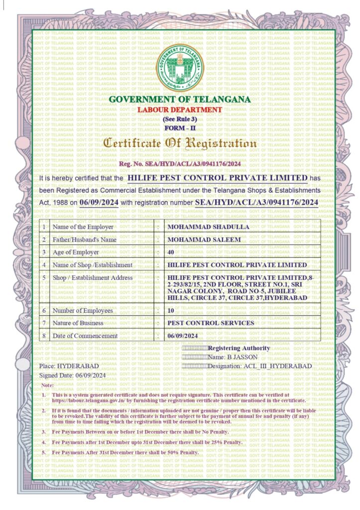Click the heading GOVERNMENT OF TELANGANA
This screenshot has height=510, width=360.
(x=180, y=100)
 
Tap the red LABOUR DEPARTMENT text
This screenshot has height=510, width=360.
(x=180, y=110)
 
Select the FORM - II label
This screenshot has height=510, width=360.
(x=180, y=128)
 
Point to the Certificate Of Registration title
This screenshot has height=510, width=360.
(x=180, y=144)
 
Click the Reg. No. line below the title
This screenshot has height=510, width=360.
(x=180, y=164)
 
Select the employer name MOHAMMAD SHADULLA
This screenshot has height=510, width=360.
(x=208, y=227)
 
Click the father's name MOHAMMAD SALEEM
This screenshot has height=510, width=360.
(x=204, y=240)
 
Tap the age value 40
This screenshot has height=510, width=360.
(x=172, y=253)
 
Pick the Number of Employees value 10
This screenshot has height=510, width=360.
(x=171, y=311)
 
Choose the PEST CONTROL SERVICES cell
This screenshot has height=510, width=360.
(x=211, y=323)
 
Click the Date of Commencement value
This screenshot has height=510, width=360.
(x=183, y=336)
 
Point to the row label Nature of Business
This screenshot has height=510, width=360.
(x=78, y=323)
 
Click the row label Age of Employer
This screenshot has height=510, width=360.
(x=76, y=253)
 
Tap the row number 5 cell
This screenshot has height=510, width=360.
(x=45, y=277)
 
